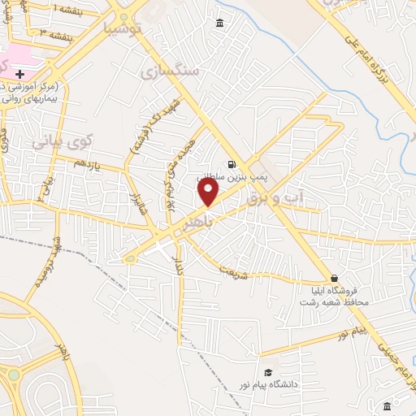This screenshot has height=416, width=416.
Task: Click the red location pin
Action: (210, 193)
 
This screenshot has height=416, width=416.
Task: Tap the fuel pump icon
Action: (232, 163)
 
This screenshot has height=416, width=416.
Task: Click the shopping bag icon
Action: (335, 278)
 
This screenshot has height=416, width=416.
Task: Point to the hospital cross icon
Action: (20, 74)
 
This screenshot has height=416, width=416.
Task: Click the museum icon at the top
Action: (220, 23)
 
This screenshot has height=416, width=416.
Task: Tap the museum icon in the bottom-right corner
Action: (387, 405)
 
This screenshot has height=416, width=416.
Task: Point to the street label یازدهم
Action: (87, 163)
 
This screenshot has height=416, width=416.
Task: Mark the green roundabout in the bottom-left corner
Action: (15, 375)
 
